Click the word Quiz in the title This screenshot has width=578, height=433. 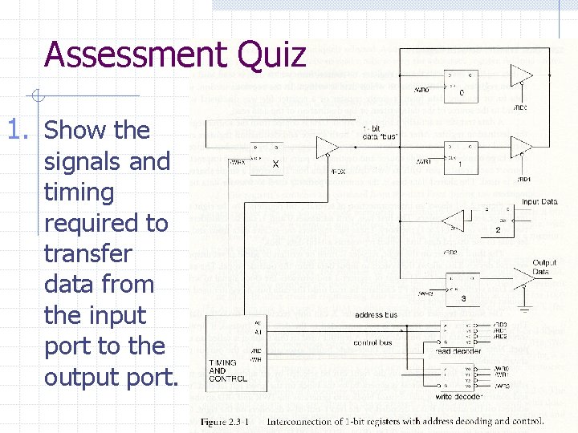(278, 55)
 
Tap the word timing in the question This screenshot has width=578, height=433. (79, 192)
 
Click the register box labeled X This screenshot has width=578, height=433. (267, 159)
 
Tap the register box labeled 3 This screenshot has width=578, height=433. (461, 289)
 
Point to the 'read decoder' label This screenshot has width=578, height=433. (458, 351)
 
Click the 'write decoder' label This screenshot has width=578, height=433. (458, 396)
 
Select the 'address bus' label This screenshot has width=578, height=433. (376, 315)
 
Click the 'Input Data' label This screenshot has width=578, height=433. (539, 202)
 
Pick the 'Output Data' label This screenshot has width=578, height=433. (544, 267)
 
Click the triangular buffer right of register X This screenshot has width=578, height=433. (327, 147)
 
